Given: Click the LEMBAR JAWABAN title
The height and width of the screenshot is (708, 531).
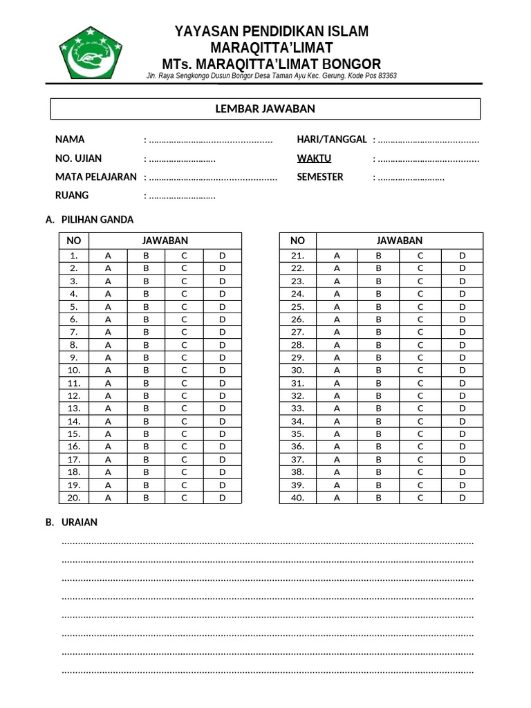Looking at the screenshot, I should (x=265, y=109).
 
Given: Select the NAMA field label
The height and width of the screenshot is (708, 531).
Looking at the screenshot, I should (x=70, y=140).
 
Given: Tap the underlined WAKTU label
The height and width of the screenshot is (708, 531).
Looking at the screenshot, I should (x=314, y=158).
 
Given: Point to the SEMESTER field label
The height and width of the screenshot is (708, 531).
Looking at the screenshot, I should (x=319, y=177).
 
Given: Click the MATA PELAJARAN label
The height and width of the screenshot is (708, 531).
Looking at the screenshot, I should (x=95, y=177).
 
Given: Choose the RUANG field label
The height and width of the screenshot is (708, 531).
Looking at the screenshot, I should (x=72, y=196).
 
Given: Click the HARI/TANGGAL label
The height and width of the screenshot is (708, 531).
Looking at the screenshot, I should (x=332, y=140).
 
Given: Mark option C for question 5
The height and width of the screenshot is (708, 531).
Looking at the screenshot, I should (x=185, y=306).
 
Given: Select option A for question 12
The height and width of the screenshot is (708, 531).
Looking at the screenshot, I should (x=108, y=395).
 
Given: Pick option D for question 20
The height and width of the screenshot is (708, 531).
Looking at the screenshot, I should (x=223, y=497).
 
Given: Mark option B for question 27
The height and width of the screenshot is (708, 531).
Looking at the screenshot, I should (x=379, y=332).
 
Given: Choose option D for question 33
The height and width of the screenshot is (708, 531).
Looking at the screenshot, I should (x=463, y=408).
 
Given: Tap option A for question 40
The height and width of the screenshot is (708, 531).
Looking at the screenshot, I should (x=337, y=497).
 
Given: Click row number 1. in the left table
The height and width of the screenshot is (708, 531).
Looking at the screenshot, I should (x=74, y=256).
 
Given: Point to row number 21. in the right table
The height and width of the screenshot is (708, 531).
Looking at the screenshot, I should (x=297, y=256).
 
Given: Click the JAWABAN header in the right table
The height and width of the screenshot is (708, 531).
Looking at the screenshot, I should (x=400, y=241).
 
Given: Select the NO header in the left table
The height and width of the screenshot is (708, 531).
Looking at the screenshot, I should (x=74, y=241).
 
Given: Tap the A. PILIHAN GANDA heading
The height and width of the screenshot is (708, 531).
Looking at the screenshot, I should (x=89, y=220).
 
